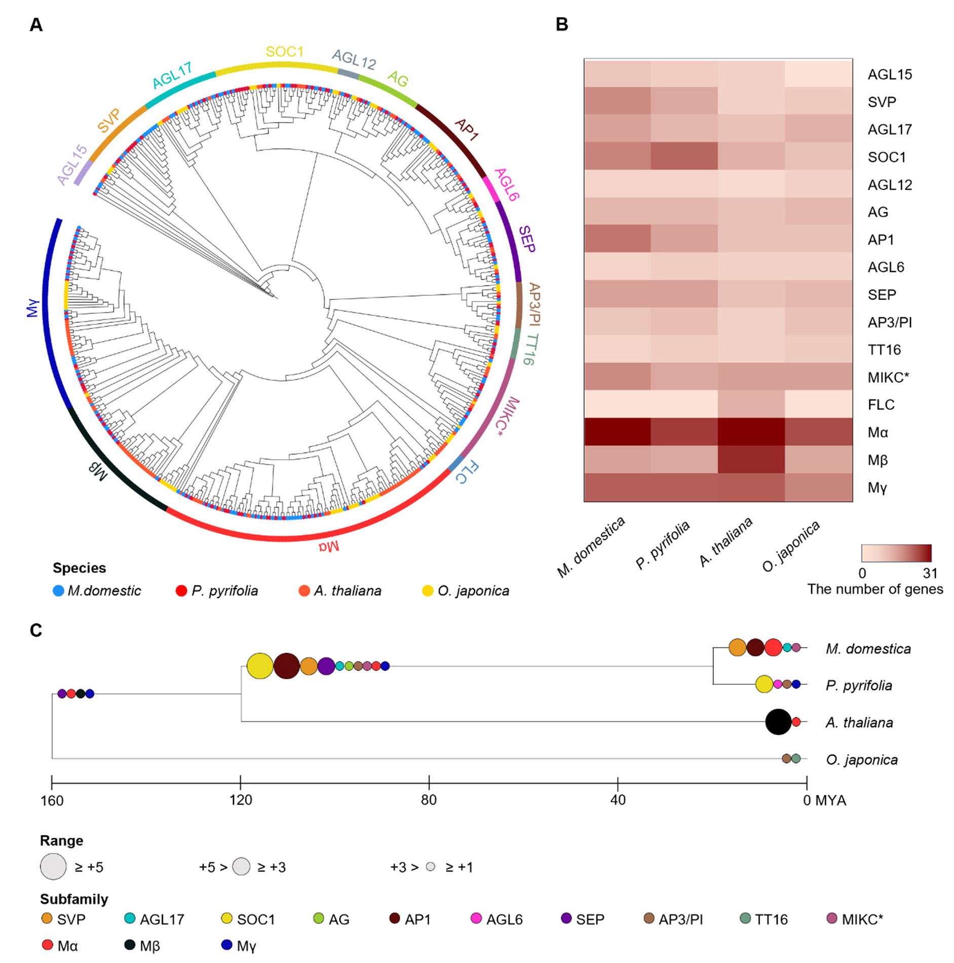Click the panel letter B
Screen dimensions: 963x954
click(x=562, y=24)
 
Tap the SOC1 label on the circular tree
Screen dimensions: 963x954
click(x=284, y=52)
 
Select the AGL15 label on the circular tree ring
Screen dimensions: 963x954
click(x=72, y=165)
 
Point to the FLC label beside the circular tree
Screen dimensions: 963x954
click(x=467, y=472)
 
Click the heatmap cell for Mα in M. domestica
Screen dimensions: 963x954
click(x=617, y=432)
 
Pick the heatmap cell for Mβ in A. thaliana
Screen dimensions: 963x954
click(x=751, y=460)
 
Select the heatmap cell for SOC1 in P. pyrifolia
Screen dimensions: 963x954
click(x=684, y=156)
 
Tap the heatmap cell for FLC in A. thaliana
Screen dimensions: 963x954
click(x=751, y=404)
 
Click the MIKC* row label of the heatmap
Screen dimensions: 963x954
click(x=888, y=378)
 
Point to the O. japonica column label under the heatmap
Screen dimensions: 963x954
click(x=791, y=546)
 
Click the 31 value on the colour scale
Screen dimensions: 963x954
click(x=930, y=573)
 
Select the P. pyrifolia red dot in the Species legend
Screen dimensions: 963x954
click(x=181, y=591)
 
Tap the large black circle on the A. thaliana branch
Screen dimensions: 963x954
click(x=778, y=722)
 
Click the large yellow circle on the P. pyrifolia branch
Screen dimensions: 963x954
click(x=764, y=684)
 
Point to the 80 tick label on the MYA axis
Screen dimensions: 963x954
click(x=429, y=800)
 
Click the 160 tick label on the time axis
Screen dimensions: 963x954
click(x=52, y=801)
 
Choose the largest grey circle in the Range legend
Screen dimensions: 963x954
click(x=53, y=867)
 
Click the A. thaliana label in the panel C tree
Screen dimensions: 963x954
click(x=859, y=722)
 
